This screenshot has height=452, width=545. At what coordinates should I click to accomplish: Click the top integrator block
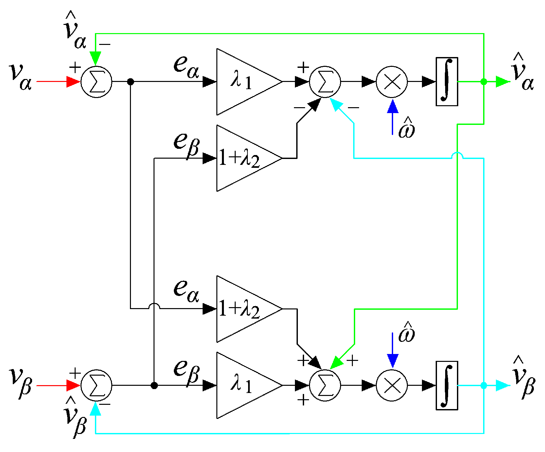(447, 82)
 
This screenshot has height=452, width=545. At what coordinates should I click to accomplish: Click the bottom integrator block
(447, 385)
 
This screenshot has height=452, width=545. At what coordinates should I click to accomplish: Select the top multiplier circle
(392, 82)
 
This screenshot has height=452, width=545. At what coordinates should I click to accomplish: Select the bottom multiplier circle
(392, 385)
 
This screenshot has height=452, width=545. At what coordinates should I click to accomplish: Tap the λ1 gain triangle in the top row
(242, 82)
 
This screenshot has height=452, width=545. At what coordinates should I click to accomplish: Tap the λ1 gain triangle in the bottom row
(242, 385)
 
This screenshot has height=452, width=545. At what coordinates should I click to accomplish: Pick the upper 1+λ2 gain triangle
(242, 158)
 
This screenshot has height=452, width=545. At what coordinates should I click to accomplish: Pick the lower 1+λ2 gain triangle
(242, 309)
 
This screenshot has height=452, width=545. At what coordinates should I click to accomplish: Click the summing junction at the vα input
(96, 82)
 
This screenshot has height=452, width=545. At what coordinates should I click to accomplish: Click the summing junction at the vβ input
(96, 385)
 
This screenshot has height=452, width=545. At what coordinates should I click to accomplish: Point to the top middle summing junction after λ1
(325, 82)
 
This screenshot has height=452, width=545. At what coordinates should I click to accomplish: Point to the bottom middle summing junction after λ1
(325, 385)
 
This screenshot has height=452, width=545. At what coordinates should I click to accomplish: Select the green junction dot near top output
(484, 82)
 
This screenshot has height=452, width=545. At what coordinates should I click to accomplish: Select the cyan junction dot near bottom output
(484, 385)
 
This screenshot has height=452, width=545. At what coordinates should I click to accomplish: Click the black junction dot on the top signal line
(130, 82)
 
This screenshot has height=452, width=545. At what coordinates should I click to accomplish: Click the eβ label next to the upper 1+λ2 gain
(186, 144)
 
